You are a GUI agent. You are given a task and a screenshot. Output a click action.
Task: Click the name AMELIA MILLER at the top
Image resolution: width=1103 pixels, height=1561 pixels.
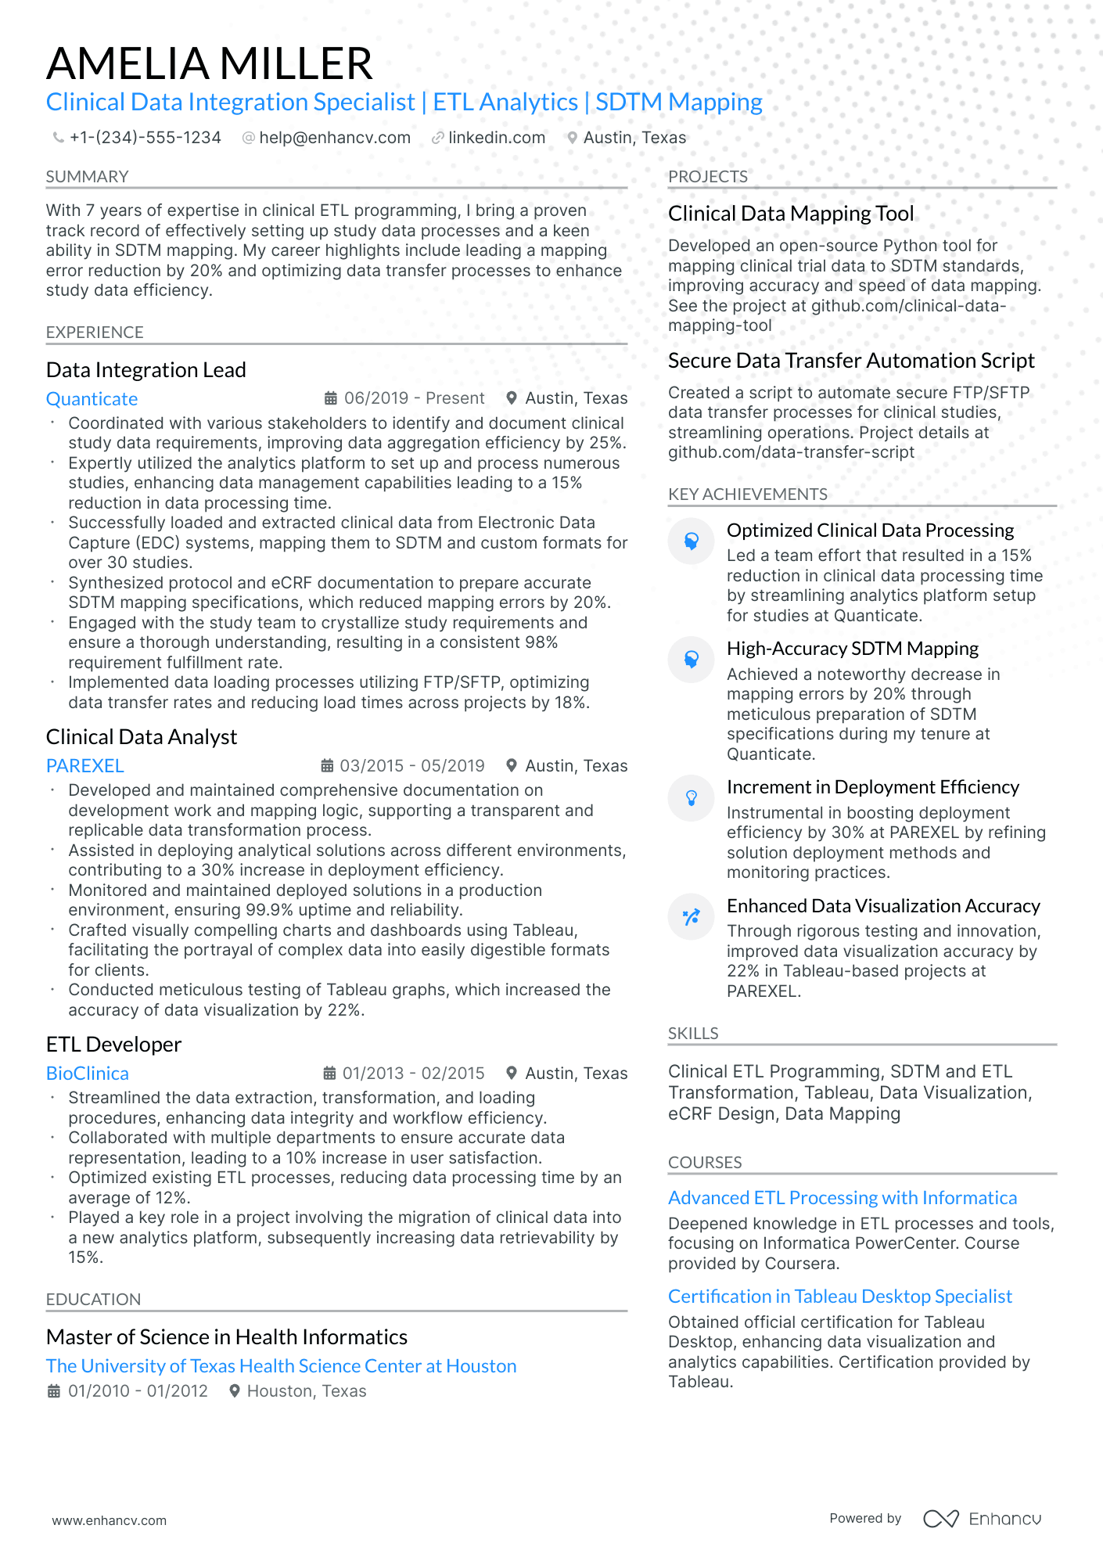coord(209,63)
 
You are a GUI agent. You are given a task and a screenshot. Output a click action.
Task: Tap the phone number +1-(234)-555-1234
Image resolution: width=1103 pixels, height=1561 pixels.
coord(145,138)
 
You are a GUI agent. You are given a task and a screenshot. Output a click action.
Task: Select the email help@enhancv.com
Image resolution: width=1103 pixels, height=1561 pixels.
coord(334,138)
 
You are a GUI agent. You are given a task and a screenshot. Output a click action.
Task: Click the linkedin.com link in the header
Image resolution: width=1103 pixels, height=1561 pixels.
coord(496,138)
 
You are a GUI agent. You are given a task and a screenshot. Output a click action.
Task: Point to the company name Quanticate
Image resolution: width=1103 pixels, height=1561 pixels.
coord(92,399)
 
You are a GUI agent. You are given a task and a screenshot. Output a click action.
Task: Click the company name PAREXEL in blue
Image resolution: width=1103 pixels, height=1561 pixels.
coord(84,766)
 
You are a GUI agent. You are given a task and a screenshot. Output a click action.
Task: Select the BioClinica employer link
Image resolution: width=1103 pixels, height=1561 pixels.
coord(87,1074)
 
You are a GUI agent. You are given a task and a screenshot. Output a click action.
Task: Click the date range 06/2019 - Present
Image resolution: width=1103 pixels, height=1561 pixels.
coord(414,398)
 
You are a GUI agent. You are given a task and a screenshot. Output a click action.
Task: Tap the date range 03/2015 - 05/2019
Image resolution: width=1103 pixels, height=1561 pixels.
coord(411,766)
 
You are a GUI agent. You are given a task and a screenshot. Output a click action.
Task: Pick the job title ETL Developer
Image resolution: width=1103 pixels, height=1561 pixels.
coord(113,1045)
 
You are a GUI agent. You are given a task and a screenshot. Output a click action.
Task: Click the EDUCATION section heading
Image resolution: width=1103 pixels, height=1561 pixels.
coord(93,1300)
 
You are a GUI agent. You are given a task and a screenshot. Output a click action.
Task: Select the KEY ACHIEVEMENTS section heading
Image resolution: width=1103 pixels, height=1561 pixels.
coord(747,495)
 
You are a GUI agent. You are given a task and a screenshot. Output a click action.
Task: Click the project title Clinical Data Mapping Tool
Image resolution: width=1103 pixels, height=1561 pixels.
coord(790,214)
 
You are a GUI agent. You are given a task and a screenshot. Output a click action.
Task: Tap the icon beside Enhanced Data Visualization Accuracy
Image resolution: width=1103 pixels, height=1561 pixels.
coord(691,917)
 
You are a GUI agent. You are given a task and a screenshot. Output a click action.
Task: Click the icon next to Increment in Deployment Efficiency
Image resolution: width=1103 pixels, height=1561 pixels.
coord(691,798)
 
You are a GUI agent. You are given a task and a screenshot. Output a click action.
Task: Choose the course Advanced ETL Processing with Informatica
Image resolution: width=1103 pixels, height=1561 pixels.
coord(842,1198)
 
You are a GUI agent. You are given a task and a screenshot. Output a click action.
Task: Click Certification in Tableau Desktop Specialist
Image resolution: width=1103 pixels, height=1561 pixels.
coord(839,1297)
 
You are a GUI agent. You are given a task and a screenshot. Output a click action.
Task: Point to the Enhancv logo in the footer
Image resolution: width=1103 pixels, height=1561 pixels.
coord(982,1519)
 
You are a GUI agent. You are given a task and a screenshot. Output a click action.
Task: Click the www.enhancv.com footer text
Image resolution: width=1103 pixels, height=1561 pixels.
coord(109,1520)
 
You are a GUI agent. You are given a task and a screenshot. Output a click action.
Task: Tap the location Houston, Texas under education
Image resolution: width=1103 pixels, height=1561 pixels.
coord(306,1391)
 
